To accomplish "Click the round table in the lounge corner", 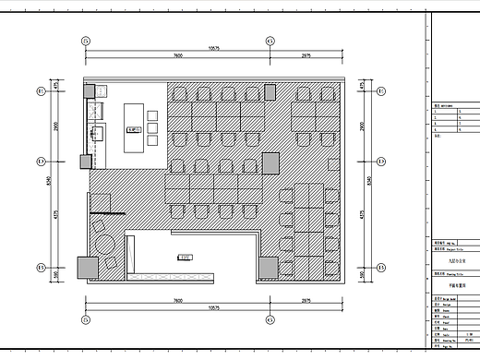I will [x=103, y=246].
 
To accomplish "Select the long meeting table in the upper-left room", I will [x=135, y=127].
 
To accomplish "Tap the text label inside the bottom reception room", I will [x=186, y=258].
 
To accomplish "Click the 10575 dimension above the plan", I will [x=214, y=47].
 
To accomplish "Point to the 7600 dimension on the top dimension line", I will [x=177, y=56].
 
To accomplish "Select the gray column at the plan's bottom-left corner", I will [x=87, y=268].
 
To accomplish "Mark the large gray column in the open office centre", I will [x=270, y=162].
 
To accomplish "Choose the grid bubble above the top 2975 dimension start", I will [x=269, y=41].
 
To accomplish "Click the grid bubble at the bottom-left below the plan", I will [x=86, y=317].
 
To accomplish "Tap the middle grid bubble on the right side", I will [x=379, y=161].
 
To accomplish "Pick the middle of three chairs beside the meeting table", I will [x=153, y=128].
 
